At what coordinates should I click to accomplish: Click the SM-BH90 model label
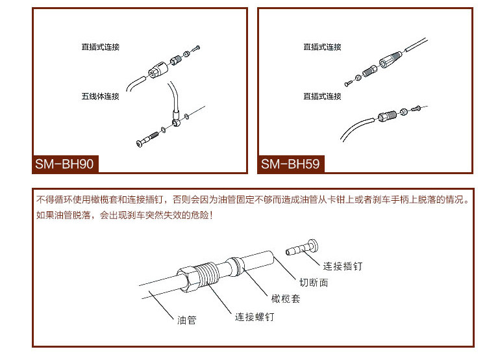(x=65, y=164)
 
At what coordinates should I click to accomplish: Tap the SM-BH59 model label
(x=290, y=164)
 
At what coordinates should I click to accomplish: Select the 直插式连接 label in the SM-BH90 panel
(x=101, y=47)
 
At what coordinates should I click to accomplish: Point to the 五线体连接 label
(x=101, y=97)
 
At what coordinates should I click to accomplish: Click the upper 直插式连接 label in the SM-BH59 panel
(x=322, y=47)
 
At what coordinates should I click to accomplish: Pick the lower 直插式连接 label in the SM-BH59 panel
(x=322, y=97)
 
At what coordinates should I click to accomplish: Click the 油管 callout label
(x=186, y=320)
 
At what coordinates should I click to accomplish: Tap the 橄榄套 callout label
(x=286, y=299)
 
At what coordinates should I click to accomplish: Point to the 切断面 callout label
(x=314, y=283)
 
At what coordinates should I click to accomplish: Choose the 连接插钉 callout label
(x=342, y=266)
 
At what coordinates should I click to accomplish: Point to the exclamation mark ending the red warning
(x=212, y=214)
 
